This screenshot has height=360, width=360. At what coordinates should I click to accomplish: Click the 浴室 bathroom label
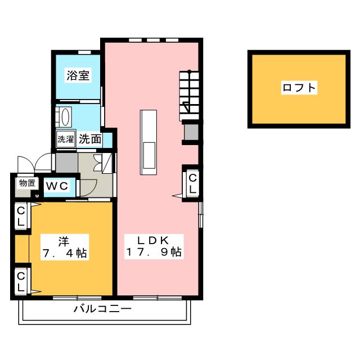tap(78, 76)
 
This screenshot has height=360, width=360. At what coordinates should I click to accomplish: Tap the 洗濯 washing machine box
tap(65, 139)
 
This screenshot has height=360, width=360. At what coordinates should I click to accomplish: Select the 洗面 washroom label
tap(90, 139)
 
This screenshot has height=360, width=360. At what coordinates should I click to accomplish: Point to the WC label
tap(57, 185)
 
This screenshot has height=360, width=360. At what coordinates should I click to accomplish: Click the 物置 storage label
tap(27, 182)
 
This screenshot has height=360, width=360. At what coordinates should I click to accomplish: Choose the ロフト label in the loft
tap(299, 88)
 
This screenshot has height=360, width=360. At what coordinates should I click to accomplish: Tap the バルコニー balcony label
tap(103, 309)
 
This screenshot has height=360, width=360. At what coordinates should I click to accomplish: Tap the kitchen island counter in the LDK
tap(150, 143)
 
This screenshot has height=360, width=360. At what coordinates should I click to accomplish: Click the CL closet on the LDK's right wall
tap(192, 183)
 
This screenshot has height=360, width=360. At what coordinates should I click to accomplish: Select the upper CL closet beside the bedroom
tap(20, 216)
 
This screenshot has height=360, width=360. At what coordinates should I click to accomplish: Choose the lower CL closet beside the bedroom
tap(20, 281)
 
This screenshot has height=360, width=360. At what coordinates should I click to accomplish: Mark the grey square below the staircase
tap(191, 131)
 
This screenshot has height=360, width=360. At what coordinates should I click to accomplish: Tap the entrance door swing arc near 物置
tap(42, 163)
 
